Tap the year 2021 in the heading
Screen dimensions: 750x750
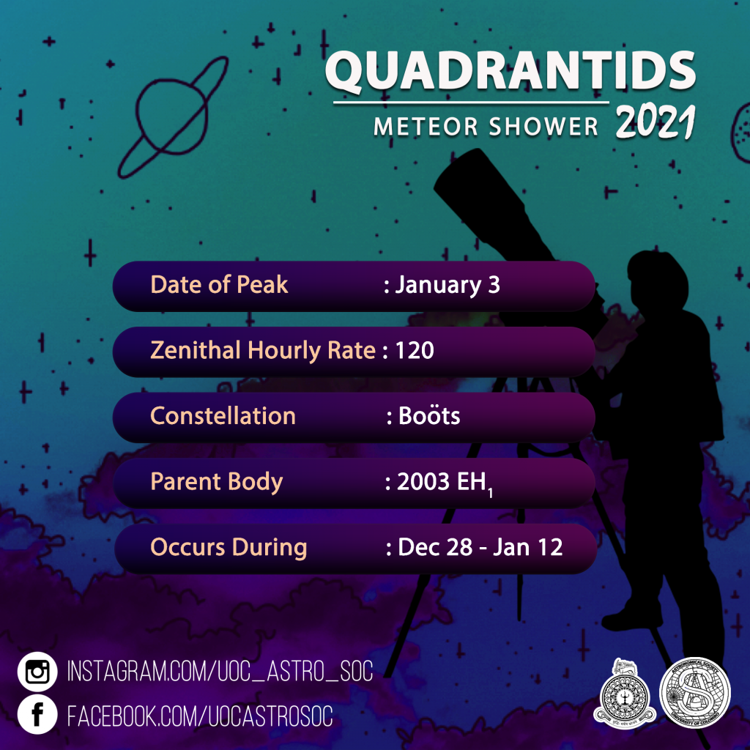pyautogui.click(x=655, y=123)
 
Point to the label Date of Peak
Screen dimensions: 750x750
pyautogui.click(x=219, y=285)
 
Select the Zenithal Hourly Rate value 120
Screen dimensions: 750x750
pyautogui.click(x=415, y=351)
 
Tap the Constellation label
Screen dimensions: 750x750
pyautogui.click(x=223, y=416)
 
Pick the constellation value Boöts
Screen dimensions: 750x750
pyautogui.click(x=429, y=416)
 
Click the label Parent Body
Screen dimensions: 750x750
pyautogui.click(x=216, y=482)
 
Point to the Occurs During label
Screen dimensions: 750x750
pyautogui.click(x=229, y=547)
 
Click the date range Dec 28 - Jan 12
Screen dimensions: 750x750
pyautogui.click(x=480, y=548)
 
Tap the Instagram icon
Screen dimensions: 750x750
pyautogui.click(x=37, y=672)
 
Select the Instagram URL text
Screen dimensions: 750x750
pyautogui.click(x=220, y=672)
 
